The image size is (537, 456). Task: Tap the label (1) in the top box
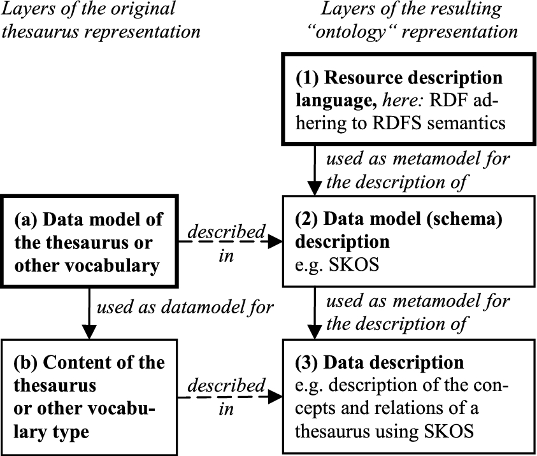(307, 78)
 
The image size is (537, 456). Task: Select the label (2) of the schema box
(307, 219)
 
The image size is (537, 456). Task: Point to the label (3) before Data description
(307, 363)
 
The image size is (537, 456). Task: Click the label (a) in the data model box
(25, 220)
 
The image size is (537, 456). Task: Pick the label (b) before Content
(25, 363)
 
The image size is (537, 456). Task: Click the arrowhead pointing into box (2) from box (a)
(275, 242)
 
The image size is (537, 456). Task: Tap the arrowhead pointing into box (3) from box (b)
(275, 397)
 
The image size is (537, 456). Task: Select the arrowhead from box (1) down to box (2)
(315, 189)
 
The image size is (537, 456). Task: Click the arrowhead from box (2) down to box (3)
(315, 332)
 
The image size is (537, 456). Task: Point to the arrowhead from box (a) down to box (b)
(89, 332)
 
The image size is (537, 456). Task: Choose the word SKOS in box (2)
(354, 265)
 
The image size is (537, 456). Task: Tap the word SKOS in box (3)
(449, 431)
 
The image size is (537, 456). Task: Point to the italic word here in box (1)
(404, 101)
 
